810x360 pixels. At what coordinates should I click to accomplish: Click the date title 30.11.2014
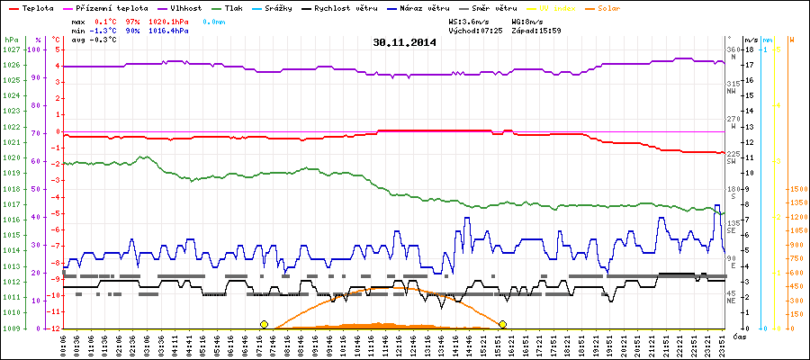tap(405, 42)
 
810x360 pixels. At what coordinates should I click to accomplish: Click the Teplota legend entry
tap(36, 7)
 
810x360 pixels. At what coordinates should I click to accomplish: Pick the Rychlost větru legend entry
tap(376, 7)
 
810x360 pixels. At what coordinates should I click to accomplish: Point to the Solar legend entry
tap(621, 7)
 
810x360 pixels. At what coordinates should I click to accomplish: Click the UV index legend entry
tap(564, 7)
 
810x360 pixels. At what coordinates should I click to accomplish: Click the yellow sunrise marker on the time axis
tap(264, 324)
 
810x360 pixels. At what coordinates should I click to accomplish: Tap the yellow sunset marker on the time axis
tap(502, 324)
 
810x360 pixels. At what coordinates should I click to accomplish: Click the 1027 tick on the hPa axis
tap(11, 49)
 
